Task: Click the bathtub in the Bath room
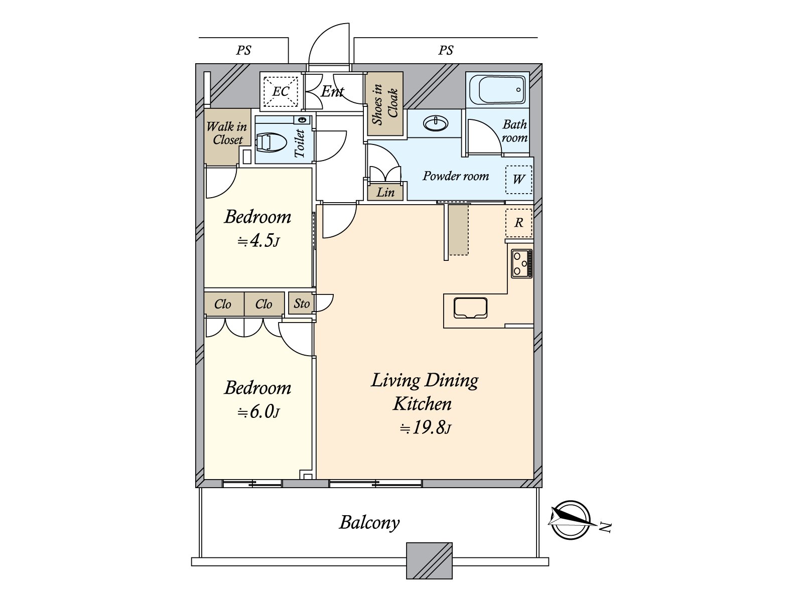click(497, 90)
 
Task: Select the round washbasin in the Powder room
click(435, 123)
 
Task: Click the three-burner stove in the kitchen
click(521, 263)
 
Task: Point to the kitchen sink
click(470, 308)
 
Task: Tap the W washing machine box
click(519, 180)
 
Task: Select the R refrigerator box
click(519, 223)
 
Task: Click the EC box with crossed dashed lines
click(281, 91)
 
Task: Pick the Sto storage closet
click(302, 304)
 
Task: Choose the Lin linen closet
click(385, 192)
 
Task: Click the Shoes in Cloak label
click(384, 104)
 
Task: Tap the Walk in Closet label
click(227, 133)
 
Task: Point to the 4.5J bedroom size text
click(258, 240)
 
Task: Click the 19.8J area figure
click(426, 427)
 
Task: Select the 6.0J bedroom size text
click(258, 412)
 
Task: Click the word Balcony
click(369, 523)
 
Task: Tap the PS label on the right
click(446, 50)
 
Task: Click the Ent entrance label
click(332, 91)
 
